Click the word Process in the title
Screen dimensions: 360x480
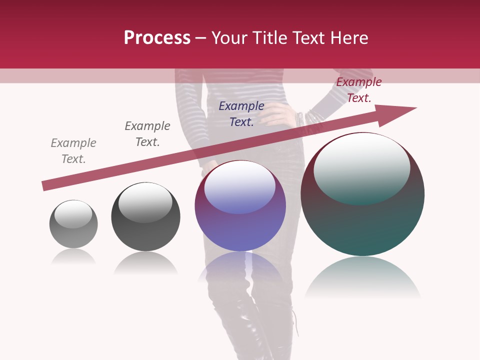(x=157, y=38)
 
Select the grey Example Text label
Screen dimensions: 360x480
(x=73, y=150)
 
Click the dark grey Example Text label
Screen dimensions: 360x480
(x=147, y=133)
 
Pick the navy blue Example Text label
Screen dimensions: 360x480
(x=241, y=113)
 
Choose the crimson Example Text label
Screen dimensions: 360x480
(x=359, y=90)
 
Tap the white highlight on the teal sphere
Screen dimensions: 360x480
(x=361, y=167)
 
